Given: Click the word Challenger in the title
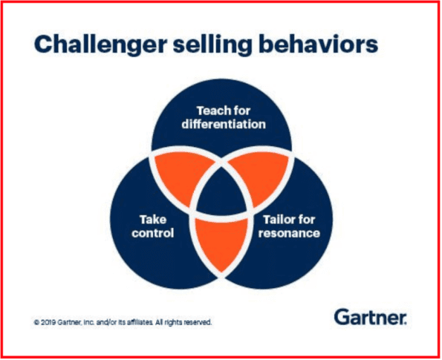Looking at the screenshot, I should click(95, 46).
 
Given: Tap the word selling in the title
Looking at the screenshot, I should click(209, 46).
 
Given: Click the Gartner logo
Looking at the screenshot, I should click(369, 318).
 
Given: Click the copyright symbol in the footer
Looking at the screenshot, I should click(36, 323).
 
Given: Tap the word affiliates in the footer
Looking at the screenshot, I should click(139, 323).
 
